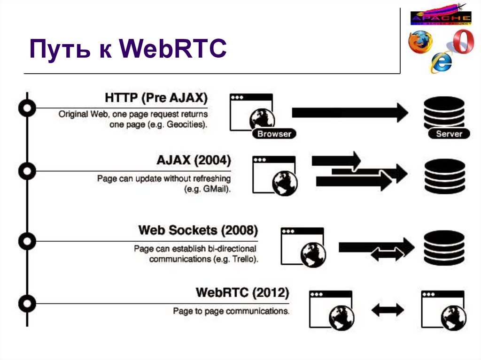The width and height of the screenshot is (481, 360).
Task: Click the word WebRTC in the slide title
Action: pyautogui.click(x=173, y=49)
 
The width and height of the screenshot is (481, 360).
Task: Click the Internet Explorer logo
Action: pyautogui.click(x=441, y=61)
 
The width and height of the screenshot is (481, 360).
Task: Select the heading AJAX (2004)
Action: pyautogui.click(x=194, y=161)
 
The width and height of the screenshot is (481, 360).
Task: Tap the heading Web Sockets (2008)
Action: pyautogui.click(x=198, y=230)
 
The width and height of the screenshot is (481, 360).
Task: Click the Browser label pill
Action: pyautogui.click(x=274, y=134)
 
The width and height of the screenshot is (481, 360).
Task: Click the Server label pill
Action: pyautogui.click(x=449, y=134)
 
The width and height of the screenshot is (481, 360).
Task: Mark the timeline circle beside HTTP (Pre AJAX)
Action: pyautogui.click(x=27, y=108)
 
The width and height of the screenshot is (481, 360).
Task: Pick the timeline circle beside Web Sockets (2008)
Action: pyautogui.click(x=27, y=241)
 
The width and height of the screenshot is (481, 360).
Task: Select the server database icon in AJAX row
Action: pyautogui.click(x=444, y=176)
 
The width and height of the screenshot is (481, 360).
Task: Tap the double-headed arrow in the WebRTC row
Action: pyautogui.click(x=388, y=309)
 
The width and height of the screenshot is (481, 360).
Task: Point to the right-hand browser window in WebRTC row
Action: pyautogui.click(x=443, y=309)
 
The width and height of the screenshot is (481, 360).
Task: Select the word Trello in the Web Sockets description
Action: pyautogui.click(x=243, y=259)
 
